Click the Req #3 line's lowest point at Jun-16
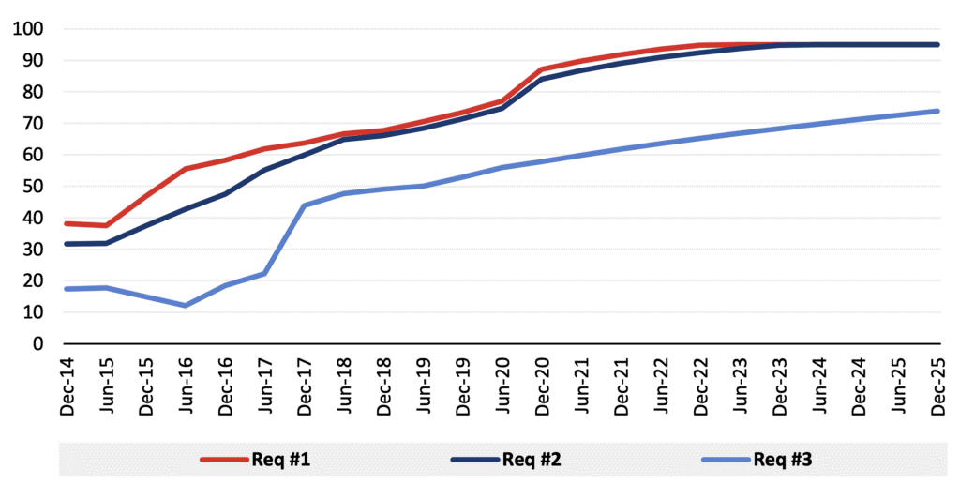click(185, 306)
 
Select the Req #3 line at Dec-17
click(304, 205)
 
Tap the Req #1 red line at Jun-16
click(185, 169)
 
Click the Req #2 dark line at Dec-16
click(225, 194)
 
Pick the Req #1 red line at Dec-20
click(542, 69)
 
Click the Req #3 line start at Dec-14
click(66, 289)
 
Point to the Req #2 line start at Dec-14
click(66, 244)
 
